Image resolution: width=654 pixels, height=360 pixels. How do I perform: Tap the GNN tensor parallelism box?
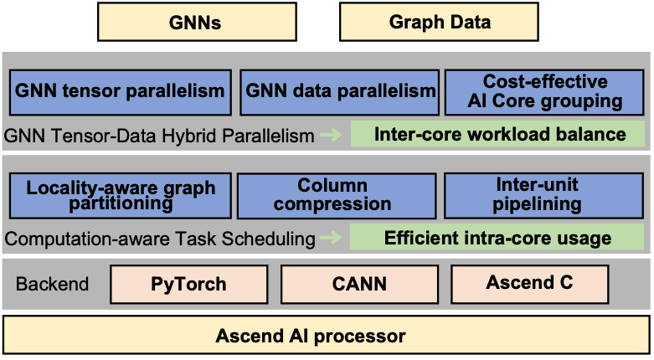pos(121,91)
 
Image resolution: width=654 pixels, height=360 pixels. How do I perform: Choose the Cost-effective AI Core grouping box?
pos(543,91)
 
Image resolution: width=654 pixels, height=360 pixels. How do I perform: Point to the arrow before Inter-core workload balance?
pos(332,135)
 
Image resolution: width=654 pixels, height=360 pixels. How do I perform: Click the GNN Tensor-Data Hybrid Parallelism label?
pos(159,135)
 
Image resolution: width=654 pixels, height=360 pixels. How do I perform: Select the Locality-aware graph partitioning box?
pos(120,196)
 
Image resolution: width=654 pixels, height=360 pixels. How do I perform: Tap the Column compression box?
pos(332,196)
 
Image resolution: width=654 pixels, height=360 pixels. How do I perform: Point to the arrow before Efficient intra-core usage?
pos(332,239)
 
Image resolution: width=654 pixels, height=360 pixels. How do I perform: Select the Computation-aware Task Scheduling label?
pos(160,239)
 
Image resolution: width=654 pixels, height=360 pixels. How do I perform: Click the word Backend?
pos(52,284)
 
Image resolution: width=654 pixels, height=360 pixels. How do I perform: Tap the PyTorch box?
pos(188,284)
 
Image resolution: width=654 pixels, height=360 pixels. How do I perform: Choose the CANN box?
pos(358,284)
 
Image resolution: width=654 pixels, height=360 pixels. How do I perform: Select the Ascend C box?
pos(529,283)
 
